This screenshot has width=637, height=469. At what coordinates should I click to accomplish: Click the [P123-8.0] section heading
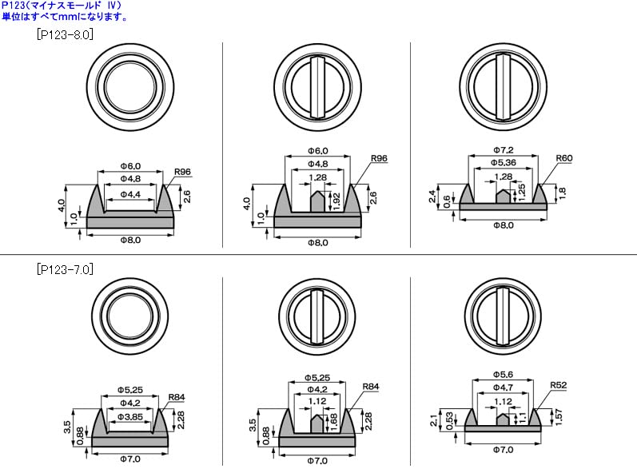(65, 34)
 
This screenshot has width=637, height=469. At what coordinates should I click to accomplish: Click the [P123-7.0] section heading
(65, 269)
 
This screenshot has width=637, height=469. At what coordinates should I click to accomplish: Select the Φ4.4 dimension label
(130, 194)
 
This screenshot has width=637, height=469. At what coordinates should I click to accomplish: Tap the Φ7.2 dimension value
(504, 150)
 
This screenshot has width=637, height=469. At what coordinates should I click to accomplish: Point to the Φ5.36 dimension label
(504, 163)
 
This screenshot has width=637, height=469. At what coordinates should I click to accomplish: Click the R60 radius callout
(564, 158)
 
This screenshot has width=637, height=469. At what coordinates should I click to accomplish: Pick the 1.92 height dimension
(336, 201)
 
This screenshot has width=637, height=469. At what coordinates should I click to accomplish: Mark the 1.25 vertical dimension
(522, 192)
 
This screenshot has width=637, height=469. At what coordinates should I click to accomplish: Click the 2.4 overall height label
(432, 196)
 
